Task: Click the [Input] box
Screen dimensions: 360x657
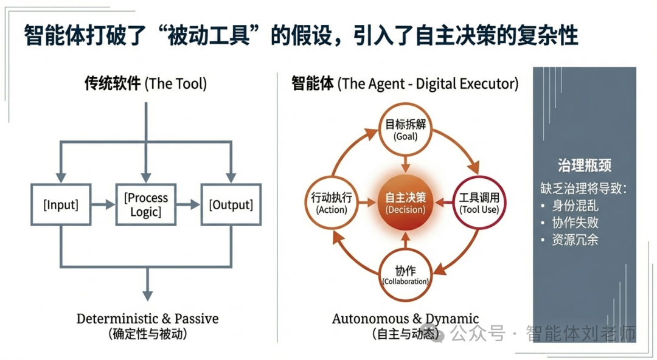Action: point(61,205)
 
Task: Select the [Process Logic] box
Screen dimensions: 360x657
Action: point(146,205)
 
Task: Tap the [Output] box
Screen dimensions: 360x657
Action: point(231,205)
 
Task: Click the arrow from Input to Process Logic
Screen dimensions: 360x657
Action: point(103,205)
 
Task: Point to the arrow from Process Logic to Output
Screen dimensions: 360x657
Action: point(189,205)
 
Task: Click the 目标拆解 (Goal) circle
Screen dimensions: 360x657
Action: point(405,130)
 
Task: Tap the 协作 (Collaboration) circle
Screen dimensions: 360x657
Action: point(405,276)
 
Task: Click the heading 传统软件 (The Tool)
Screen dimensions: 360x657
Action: point(145,84)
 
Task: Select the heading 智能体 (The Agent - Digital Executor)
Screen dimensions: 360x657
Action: point(405,84)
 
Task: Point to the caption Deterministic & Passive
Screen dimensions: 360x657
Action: point(147,319)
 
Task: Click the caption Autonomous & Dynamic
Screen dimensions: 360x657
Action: point(405,319)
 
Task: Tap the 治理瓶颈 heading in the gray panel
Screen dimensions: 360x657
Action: point(584,165)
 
